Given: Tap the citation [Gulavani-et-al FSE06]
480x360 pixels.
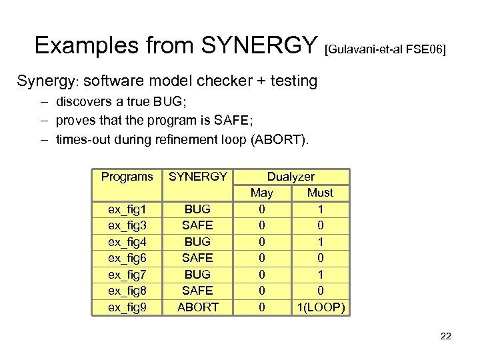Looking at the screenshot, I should click(x=385, y=50).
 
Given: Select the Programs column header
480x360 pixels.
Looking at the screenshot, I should click(x=127, y=177).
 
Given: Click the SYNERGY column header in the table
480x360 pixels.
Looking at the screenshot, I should click(x=198, y=177).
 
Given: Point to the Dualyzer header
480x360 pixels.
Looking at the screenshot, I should click(x=291, y=177).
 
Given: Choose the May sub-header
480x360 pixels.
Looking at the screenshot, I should click(x=261, y=193).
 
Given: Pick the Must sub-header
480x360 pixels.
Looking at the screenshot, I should click(x=320, y=193).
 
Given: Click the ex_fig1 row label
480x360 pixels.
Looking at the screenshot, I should click(x=127, y=209).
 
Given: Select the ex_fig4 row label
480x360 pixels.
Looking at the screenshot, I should click(x=127, y=242).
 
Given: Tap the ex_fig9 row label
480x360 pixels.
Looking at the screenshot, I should click(x=127, y=307).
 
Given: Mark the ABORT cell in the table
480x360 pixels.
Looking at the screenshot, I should click(x=198, y=307).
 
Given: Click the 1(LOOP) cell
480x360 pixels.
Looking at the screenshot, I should click(x=320, y=307).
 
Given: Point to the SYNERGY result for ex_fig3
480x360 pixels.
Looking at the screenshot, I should click(x=198, y=225).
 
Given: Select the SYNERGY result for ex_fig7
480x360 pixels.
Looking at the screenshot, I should click(x=198, y=275).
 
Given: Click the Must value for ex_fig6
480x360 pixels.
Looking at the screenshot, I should click(x=320, y=258).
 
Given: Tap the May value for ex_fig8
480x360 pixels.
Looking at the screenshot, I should click(x=261, y=291).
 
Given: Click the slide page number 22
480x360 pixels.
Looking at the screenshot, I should click(x=445, y=336).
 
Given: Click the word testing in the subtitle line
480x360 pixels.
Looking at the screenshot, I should click(x=290, y=81).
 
